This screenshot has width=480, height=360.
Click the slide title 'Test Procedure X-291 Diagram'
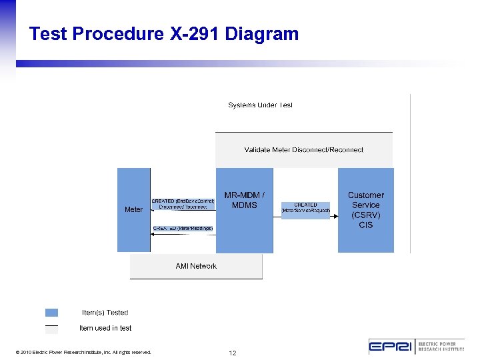coord(164,34)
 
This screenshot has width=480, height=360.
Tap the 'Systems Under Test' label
coord(260,105)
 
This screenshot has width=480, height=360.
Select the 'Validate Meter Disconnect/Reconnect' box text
coord(304,150)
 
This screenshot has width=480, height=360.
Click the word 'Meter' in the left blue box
coord(133,209)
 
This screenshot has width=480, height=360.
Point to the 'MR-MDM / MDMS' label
coord(244,200)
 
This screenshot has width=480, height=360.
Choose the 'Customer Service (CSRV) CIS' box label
coord(365,210)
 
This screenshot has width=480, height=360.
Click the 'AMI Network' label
coord(196,266)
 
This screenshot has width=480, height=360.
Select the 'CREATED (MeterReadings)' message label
coord(183,228)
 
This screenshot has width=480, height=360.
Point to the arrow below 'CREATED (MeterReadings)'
coord(183,233)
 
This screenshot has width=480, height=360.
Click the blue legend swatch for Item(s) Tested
coord(51,312)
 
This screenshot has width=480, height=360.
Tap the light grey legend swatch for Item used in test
coord(51,329)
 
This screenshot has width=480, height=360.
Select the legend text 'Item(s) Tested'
coord(105,312)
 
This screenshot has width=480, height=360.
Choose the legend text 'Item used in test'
coord(105,328)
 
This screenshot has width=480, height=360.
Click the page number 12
coord(232,352)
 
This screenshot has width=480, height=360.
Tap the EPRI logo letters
coord(392,347)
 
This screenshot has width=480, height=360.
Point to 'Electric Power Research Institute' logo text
coord(441,347)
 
